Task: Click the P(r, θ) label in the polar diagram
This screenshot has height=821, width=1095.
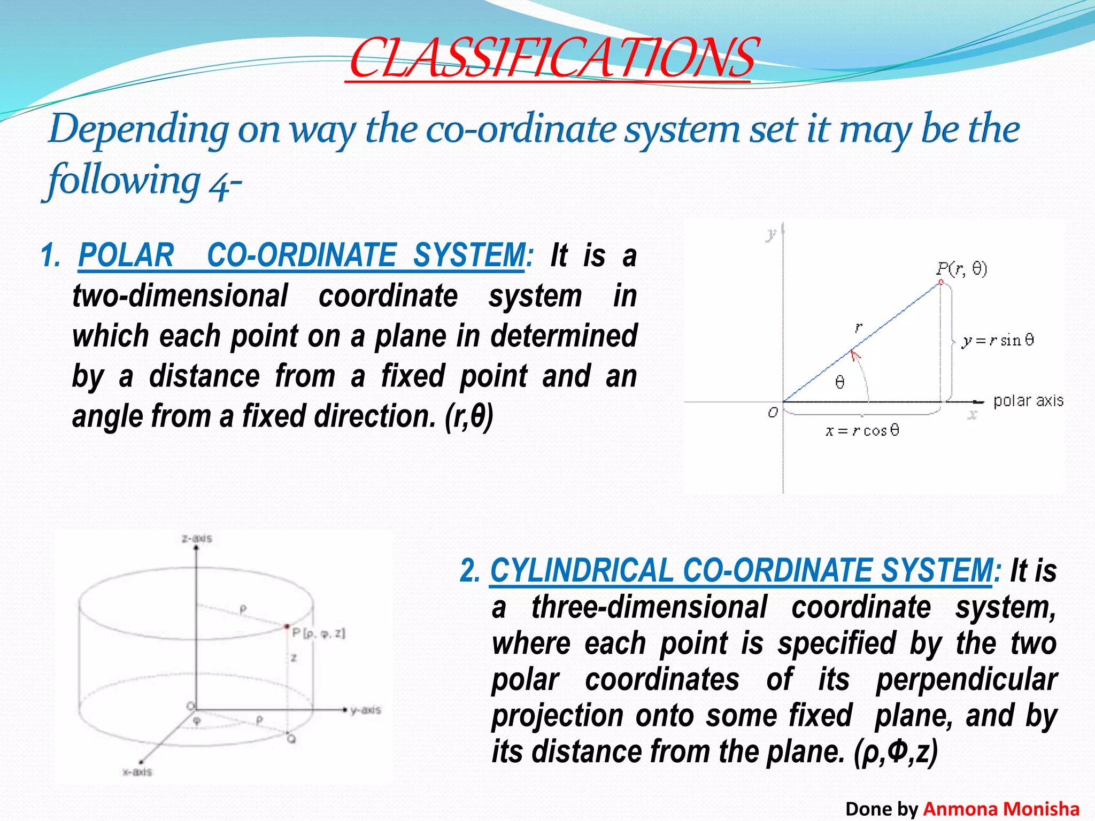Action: coord(961,268)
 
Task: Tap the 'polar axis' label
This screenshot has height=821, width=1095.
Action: coord(1028,401)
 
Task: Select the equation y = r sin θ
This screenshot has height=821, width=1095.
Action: coord(998,340)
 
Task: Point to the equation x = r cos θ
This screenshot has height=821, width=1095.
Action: coord(862,431)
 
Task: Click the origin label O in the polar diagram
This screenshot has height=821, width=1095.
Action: coord(773,413)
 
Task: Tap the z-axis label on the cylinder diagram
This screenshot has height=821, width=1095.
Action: coord(197,538)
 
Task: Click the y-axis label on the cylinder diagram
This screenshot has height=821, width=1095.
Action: coord(366,710)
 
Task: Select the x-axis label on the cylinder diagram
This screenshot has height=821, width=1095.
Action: coord(137,772)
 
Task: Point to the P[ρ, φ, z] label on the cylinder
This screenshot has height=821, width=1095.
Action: coord(319,634)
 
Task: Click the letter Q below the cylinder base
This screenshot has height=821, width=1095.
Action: coord(291,739)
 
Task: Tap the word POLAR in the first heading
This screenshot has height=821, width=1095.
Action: coord(126,255)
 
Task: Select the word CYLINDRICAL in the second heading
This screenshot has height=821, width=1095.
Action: coord(582,570)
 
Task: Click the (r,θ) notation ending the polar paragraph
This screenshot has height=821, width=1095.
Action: coord(468,416)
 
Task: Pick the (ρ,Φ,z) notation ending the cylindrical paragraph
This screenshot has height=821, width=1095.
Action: coord(896,752)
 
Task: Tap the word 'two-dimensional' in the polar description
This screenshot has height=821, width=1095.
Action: coord(180,296)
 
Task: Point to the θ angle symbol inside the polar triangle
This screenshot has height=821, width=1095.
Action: coord(840,382)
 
